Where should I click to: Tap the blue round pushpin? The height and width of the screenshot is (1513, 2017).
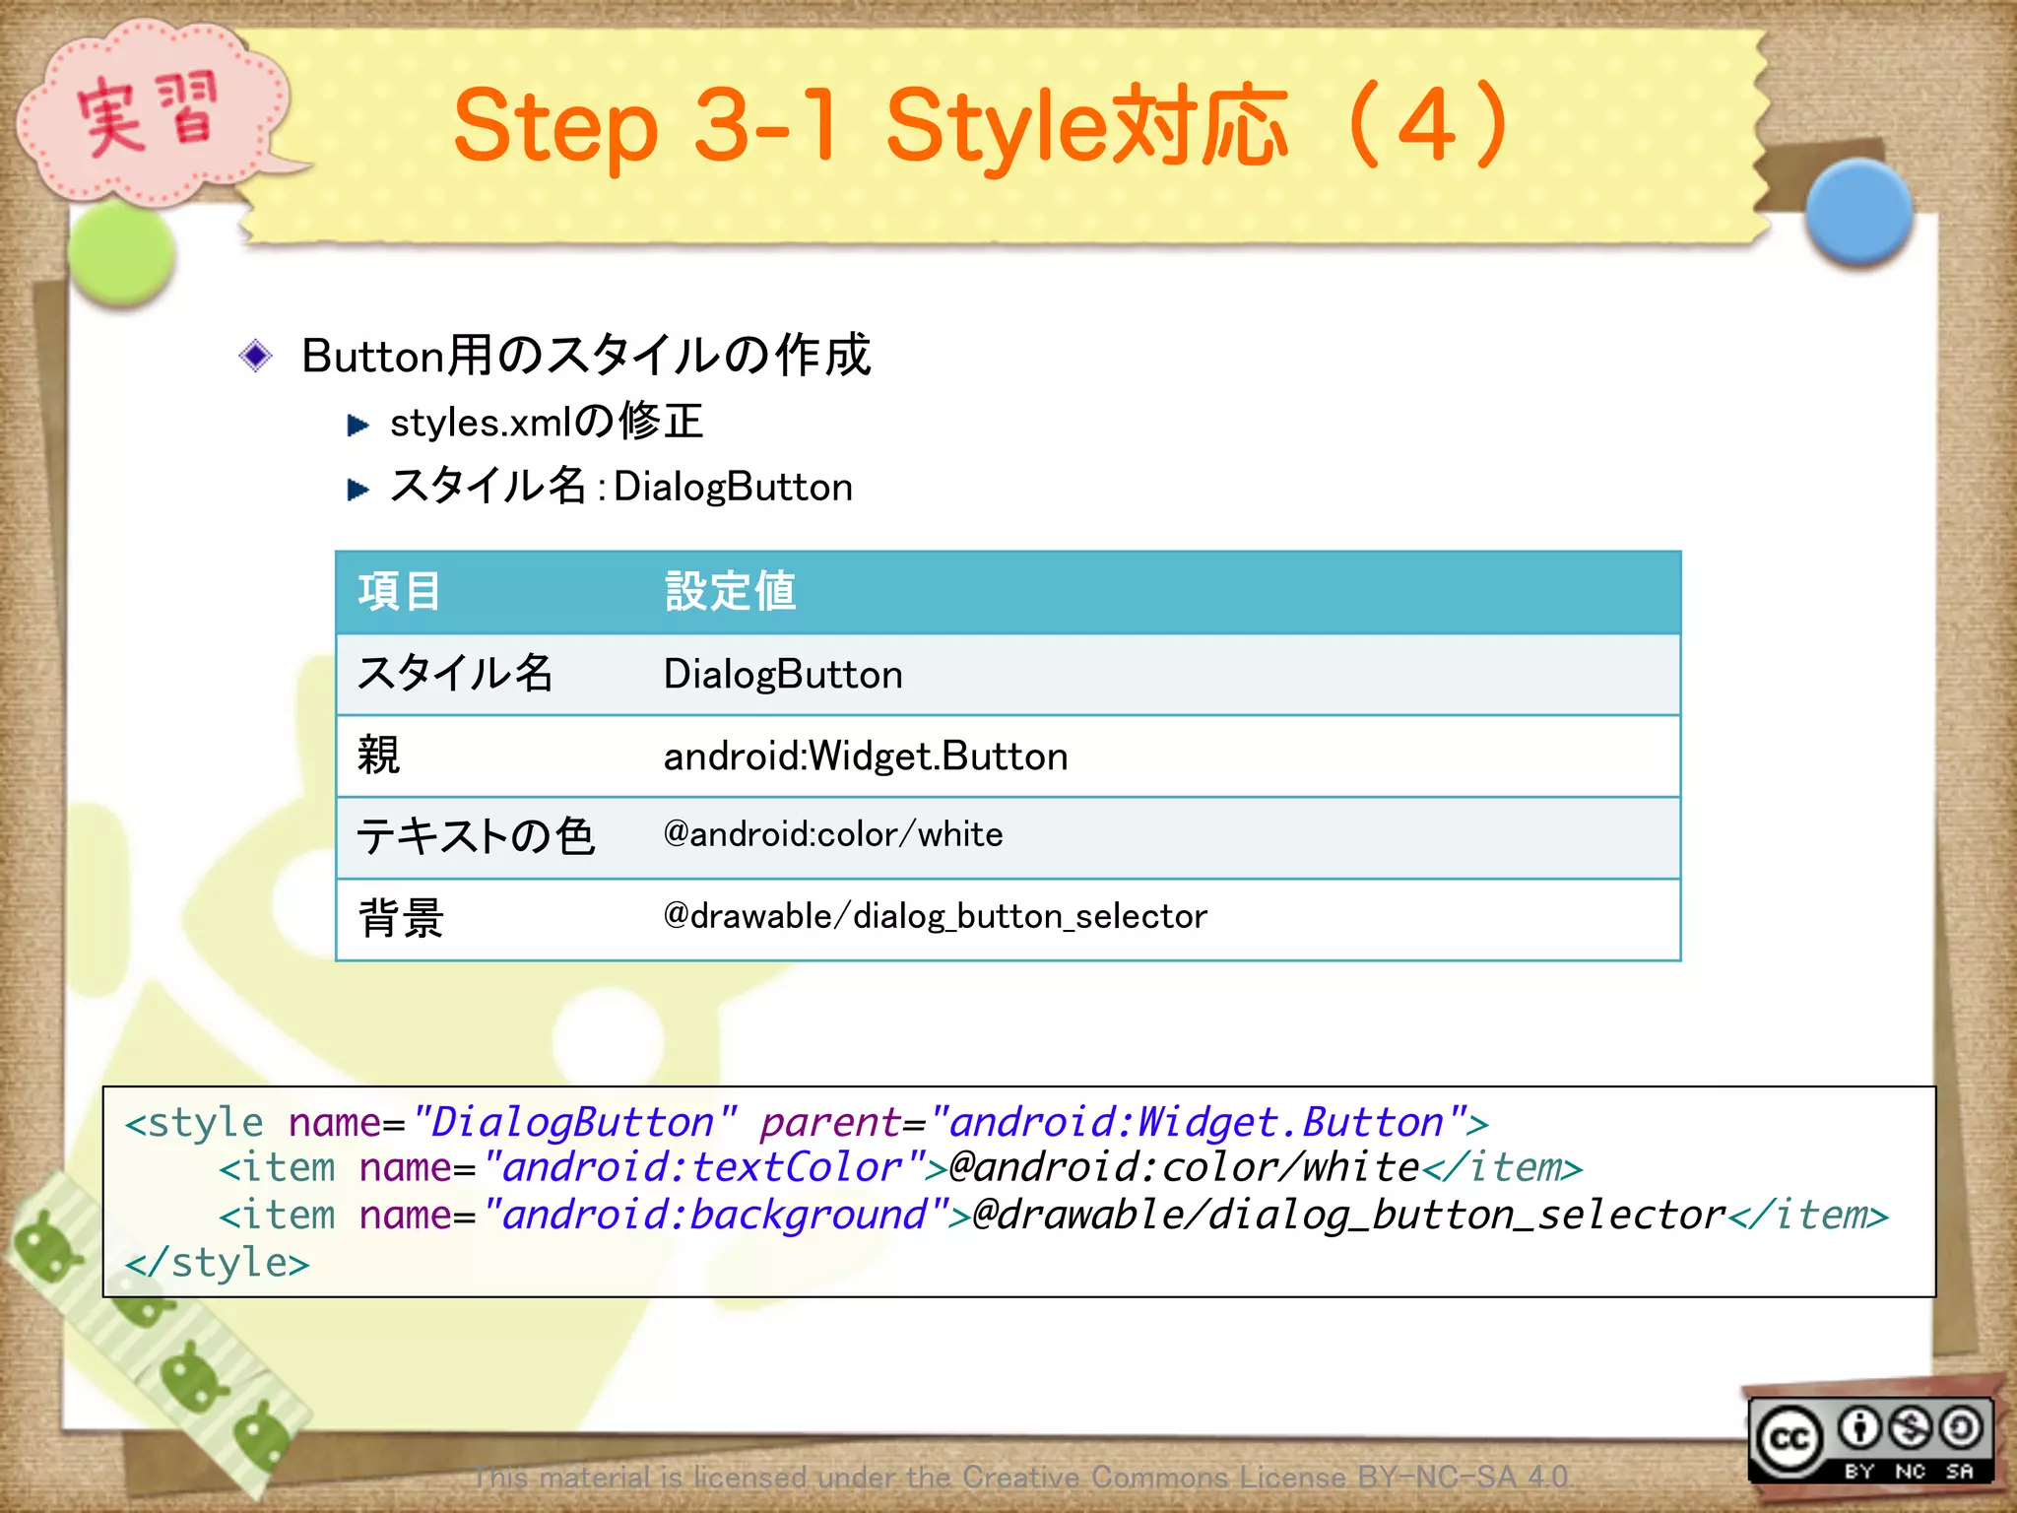pos(1858,212)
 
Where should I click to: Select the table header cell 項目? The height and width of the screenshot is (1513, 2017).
pos(399,592)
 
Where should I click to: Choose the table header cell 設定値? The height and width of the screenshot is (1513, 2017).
pos(730,592)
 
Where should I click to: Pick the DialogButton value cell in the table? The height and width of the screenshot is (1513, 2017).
pos(783,675)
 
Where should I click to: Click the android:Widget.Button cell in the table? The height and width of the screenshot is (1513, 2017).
pos(866,756)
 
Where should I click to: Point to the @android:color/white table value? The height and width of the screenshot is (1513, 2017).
pos(833,835)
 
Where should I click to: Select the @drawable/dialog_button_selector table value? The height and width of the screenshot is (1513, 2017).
pos(935,917)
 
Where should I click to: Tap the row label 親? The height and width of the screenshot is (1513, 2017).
pos(379,756)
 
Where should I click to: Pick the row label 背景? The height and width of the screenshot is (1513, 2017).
pos(401,918)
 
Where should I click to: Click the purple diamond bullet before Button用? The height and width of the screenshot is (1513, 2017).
pos(256,356)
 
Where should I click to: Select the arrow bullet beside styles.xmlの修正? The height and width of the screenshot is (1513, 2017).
pos(358,426)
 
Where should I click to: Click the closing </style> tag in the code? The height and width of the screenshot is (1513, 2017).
pos(218,1263)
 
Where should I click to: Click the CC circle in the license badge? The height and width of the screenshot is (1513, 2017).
pos(1789,1439)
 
